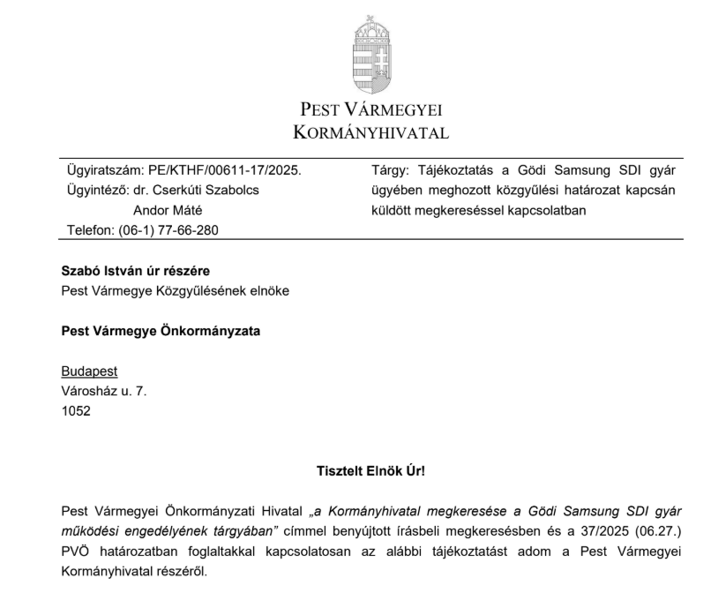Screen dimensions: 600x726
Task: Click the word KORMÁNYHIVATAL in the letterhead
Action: point(370,133)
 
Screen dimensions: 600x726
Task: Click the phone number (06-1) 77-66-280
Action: point(168,229)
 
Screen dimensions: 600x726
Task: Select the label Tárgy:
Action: point(389,170)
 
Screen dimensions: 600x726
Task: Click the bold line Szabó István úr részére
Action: point(135,271)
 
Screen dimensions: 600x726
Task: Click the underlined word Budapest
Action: point(89,371)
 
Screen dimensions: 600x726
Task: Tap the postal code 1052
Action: point(76,410)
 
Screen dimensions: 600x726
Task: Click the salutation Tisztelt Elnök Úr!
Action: point(370,471)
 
